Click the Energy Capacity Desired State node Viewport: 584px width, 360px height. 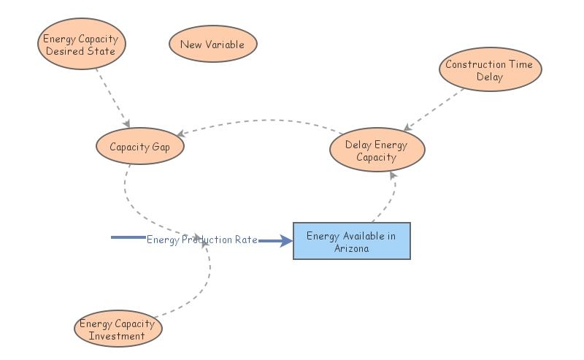(81, 45)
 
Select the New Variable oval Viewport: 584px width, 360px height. (212, 45)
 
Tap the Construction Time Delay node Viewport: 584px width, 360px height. (489, 70)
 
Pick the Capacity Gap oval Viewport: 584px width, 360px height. (139, 146)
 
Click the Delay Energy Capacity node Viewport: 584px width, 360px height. (376, 151)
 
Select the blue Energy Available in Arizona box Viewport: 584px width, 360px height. (351, 241)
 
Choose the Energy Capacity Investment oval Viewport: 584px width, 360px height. (117, 329)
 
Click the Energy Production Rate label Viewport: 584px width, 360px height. (201, 240)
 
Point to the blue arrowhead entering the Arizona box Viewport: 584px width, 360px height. (286, 240)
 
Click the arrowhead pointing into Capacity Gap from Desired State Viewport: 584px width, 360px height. (126, 123)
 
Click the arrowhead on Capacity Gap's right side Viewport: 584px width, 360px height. (180, 134)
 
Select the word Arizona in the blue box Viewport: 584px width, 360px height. (351, 248)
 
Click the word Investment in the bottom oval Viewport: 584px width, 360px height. (117, 336)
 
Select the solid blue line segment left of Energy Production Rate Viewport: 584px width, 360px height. (128, 237)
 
